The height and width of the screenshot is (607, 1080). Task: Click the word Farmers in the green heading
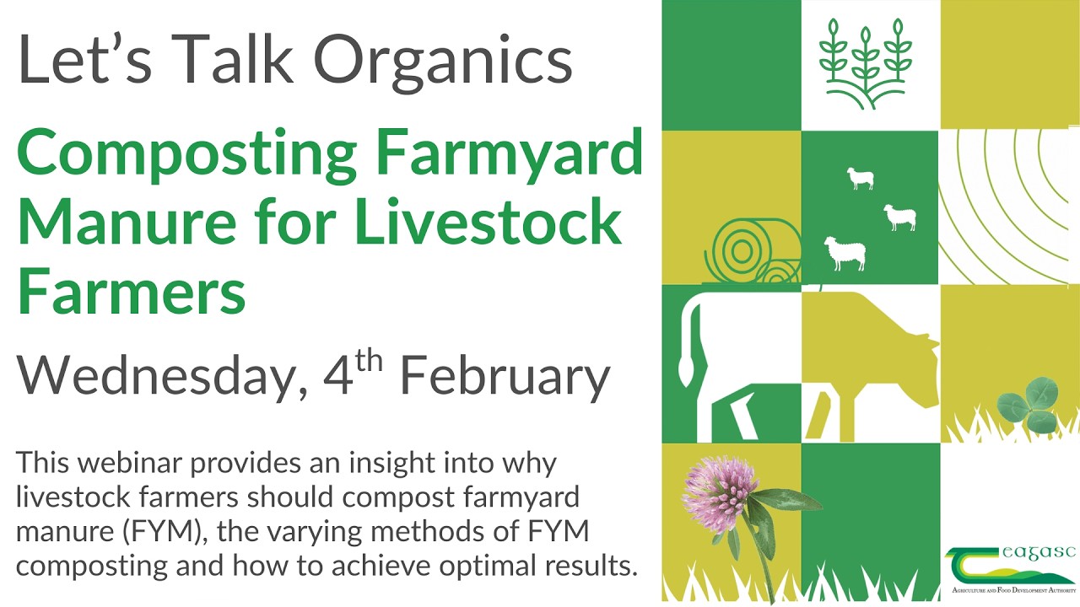click(132, 289)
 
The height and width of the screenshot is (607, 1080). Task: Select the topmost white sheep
click(860, 178)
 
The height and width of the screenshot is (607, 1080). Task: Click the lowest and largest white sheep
click(844, 253)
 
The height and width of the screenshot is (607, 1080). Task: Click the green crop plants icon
click(868, 64)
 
